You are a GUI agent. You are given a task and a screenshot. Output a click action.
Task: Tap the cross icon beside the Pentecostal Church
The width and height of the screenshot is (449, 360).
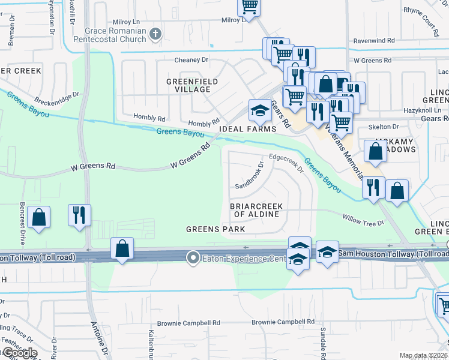(x=155, y=34)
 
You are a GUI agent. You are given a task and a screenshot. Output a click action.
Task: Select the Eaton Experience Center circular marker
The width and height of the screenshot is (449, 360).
(x=193, y=258)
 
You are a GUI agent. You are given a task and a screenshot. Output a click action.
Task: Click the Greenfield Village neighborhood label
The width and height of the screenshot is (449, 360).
(x=192, y=85)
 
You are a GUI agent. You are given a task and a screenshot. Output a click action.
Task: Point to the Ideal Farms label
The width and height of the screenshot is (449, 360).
(x=248, y=129)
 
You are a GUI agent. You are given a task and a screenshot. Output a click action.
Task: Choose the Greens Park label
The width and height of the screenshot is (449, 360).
(x=215, y=229)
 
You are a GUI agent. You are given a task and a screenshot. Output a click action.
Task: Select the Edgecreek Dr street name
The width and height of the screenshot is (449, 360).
(x=288, y=161)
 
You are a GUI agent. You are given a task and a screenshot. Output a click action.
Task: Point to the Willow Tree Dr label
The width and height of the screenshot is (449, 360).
(x=363, y=220)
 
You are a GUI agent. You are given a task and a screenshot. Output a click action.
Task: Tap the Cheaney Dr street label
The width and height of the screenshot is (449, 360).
(x=191, y=60)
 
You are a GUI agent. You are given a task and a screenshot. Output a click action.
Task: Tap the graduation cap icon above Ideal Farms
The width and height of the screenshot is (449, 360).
(x=259, y=110)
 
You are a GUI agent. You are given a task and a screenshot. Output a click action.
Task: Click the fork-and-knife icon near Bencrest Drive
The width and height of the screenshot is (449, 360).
(x=79, y=215)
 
